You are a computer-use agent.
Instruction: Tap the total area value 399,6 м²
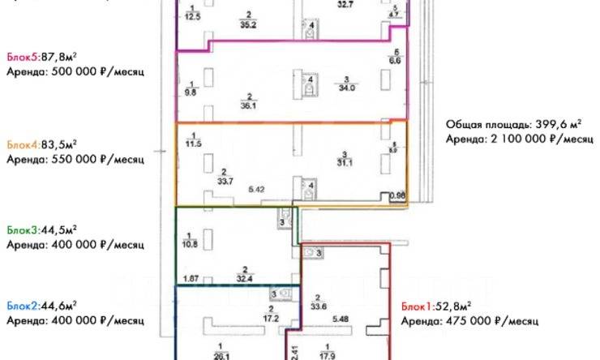(559, 125)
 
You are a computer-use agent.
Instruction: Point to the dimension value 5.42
(257, 189)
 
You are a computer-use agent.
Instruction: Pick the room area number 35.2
(249, 24)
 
